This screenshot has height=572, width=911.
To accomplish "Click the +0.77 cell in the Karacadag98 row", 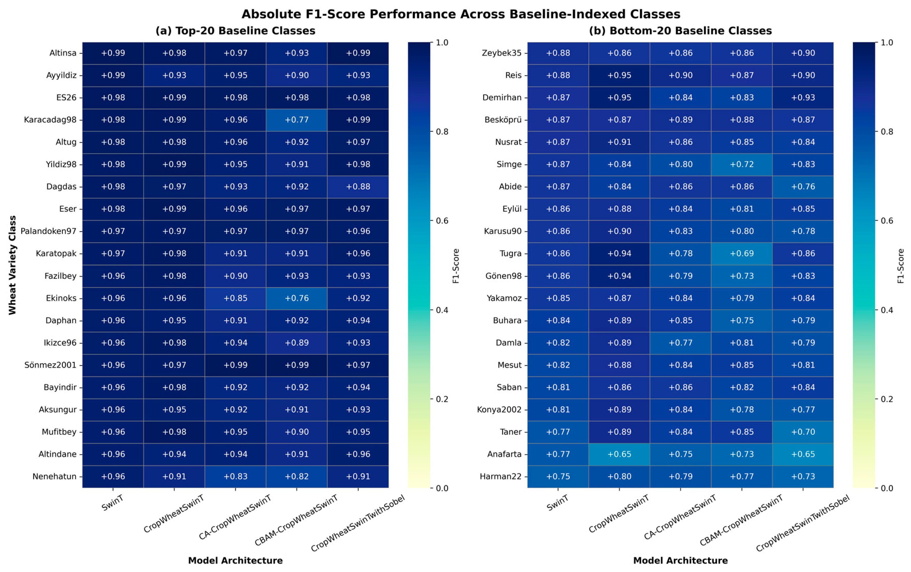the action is [296, 120].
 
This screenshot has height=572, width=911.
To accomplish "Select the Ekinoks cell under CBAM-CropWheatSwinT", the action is [296, 298].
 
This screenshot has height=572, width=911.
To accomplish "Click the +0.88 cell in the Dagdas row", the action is [358, 187].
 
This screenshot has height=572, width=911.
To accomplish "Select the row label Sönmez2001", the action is [50, 365].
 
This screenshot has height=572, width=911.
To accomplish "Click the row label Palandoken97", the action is [48, 231].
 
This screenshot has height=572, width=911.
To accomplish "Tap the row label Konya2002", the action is [499, 410].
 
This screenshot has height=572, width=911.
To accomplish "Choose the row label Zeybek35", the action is [501, 53].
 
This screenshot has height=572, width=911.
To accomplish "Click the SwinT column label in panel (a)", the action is [112, 503].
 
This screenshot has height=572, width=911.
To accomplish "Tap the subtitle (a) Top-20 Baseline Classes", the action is [235, 31].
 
